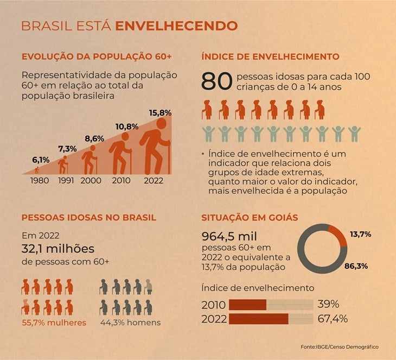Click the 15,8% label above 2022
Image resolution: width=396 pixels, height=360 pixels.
click(x=160, y=113)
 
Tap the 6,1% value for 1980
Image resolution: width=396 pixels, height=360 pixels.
click(x=41, y=160)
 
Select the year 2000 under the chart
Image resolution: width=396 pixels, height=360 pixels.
click(x=91, y=180)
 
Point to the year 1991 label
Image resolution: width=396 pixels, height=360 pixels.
click(x=66, y=180)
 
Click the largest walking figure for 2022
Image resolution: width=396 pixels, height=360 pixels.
click(x=155, y=147)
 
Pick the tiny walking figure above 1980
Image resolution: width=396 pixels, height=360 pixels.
click(x=37, y=170)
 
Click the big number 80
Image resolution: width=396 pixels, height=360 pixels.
click(x=216, y=81)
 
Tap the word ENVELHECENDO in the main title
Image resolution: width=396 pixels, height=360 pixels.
click(x=176, y=26)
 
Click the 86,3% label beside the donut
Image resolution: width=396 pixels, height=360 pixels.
click(x=356, y=266)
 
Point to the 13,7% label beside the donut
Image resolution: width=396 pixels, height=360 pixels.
click(x=360, y=235)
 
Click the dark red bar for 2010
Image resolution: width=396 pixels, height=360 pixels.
click(x=248, y=305)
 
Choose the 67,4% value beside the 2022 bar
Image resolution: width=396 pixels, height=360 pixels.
click(x=333, y=319)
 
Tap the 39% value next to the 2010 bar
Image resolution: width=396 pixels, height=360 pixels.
click(x=328, y=304)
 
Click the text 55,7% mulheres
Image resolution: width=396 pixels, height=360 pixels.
click(x=54, y=323)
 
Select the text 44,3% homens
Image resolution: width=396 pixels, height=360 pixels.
click(x=131, y=323)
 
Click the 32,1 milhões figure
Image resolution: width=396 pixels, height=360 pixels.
click(x=58, y=249)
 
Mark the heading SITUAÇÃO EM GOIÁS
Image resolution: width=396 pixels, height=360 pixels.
click(x=250, y=217)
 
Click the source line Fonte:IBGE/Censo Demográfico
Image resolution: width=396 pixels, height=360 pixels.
click(x=340, y=347)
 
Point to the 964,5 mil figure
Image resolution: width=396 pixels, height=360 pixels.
click(x=229, y=236)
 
